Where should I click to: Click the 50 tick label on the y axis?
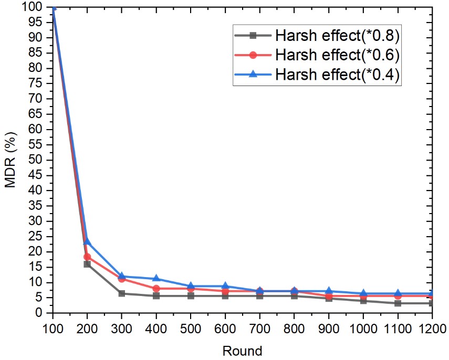pyautogui.click(x=37, y=160)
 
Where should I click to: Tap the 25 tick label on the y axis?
pyautogui.click(x=37, y=237)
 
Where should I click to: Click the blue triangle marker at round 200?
pyautogui.click(x=87, y=241)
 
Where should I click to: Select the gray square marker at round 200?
pyautogui.click(x=87, y=264)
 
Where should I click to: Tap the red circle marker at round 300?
pyautogui.click(x=122, y=279)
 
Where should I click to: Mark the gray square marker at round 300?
pyautogui.click(x=122, y=293)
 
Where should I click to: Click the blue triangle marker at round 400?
pyautogui.click(x=156, y=278)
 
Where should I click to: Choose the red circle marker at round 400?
pyautogui.click(x=156, y=289)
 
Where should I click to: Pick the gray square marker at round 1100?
pyautogui.click(x=398, y=303)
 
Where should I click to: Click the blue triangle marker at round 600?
pyautogui.click(x=225, y=286)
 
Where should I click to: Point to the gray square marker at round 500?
pyautogui.click(x=191, y=296)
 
